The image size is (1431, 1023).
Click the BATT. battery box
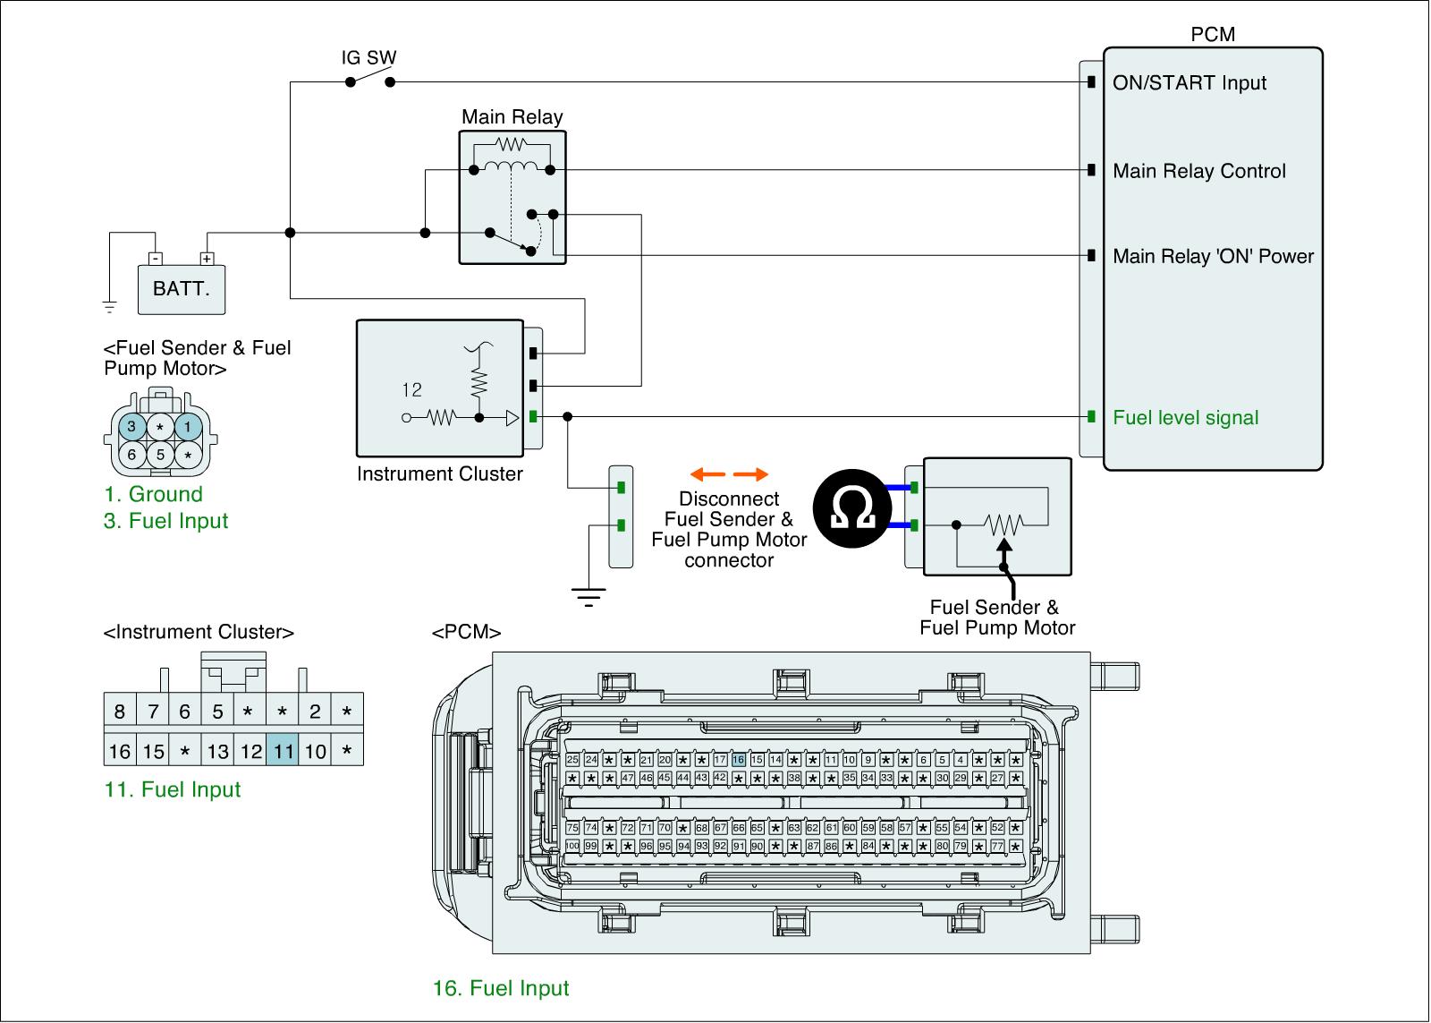[x=181, y=289]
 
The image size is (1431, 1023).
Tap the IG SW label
[x=368, y=58]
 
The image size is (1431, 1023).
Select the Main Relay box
[x=512, y=197]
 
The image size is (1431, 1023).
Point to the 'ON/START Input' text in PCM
[x=1189, y=83]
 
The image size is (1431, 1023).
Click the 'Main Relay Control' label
[x=1198, y=171]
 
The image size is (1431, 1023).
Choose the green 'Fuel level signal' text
[x=1185, y=418]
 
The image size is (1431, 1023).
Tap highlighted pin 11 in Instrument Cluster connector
[x=284, y=751]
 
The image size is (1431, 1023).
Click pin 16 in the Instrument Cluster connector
[x=120, y=751]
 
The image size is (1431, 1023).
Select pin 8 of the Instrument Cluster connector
[x=120, y=712]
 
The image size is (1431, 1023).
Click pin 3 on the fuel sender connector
[x=131, y=427]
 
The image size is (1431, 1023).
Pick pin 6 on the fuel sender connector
[x=131, y=454]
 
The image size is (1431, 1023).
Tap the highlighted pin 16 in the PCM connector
[x=738, y=760]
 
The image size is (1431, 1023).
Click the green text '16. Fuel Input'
[x=501, y=988]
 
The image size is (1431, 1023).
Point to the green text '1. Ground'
[x=153, y=494]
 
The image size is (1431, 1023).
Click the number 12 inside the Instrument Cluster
[x=411, y=389]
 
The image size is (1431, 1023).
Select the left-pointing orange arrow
[x=707, y=474]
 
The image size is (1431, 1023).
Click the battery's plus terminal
[x=207, y=259]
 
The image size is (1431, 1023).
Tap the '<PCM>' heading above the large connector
[x=466, y=633]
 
